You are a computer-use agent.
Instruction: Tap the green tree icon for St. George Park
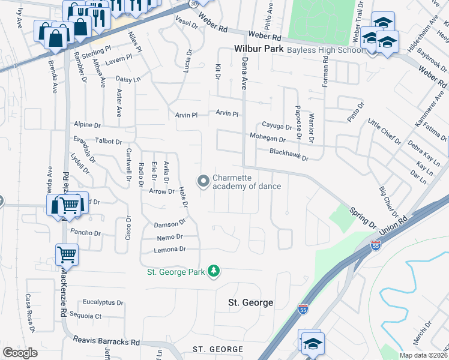tap(213, 272)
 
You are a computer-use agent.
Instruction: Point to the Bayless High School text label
tap(325, 50)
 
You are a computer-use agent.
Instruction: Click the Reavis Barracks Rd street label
tap(106, 341)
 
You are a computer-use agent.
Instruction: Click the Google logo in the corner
tap(20, 353)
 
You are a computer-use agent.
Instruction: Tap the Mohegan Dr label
tap(268, 139)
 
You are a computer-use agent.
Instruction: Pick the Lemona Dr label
tap(170, 249)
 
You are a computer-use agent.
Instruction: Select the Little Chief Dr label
tap(384, 132)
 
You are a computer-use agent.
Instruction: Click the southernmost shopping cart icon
tap(67, 254)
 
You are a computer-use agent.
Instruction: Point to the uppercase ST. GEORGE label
tap(218, 349)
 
